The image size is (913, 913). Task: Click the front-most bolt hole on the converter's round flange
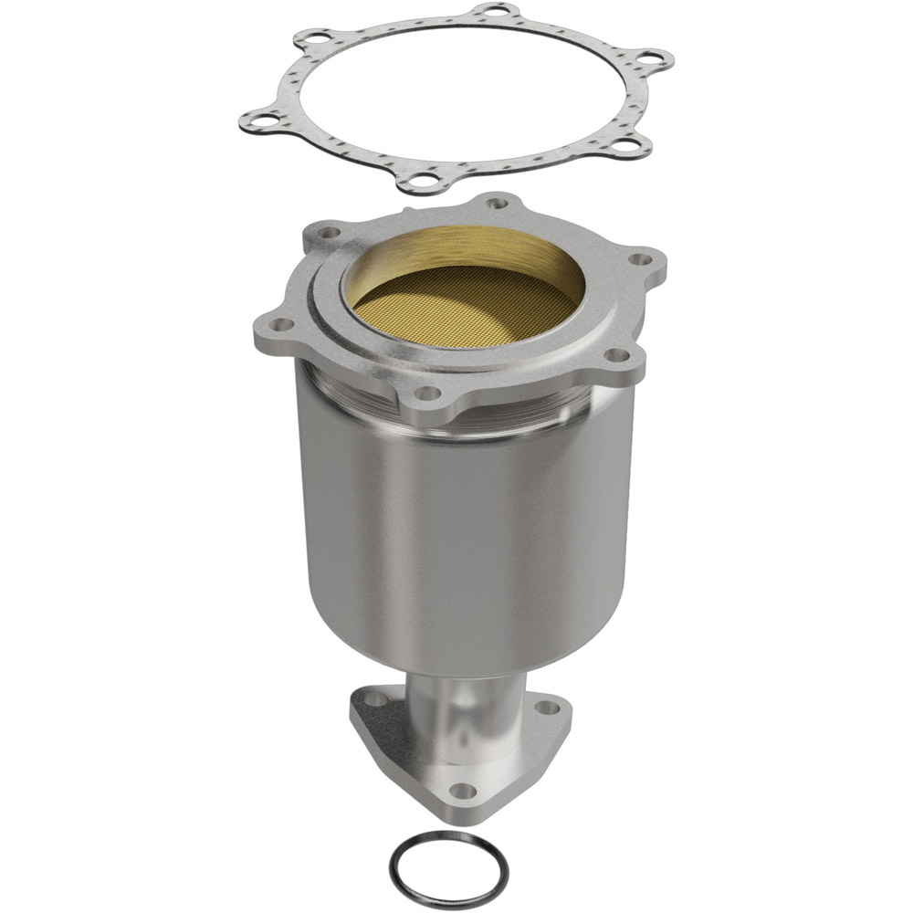424,394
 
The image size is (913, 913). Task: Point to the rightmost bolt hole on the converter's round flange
642,258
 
